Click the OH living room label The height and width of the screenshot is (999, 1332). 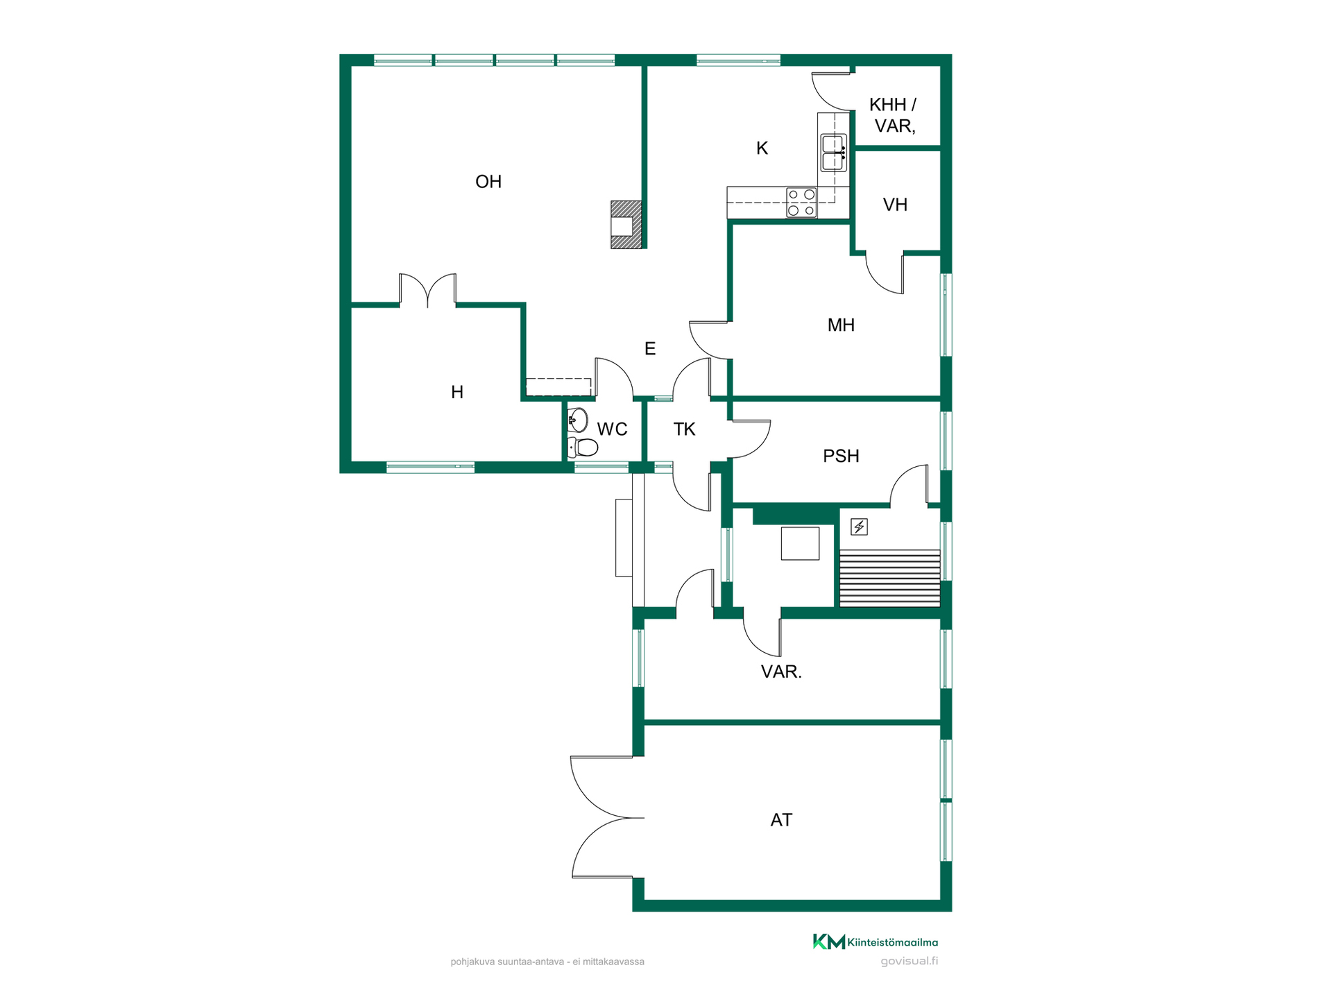pyautogui.click(x=488, y=182)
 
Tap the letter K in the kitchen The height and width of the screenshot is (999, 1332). pyautogui.click(x=762, y=148)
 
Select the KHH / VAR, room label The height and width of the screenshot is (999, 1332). pyautogui.click(x=894, y=115)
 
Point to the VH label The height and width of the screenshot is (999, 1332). pyautogui.click(x=895, y=205)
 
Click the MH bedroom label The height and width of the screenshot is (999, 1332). pyautogui.click(x=841, y=325)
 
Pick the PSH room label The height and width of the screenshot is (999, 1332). pyautogui.click(x=841, y=456)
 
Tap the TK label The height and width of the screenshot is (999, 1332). pyautogui.click(x=684, y=429)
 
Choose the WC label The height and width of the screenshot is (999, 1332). pyautogui.click(x=612, y=429)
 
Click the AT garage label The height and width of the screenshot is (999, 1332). pyautogui.click(x=781, y=820)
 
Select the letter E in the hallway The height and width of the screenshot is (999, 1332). pyautogui.click(x=650, y=348)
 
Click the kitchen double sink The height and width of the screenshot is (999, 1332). pyautogui.click(x=833, y=153)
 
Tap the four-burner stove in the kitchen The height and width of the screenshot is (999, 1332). pyautogui.click(x=801, y=203)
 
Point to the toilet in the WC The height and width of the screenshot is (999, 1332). pyautogui.click(x=582, y=447)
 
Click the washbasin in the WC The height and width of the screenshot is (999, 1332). pyautogui.click(x=577, y=420)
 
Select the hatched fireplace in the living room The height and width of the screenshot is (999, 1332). pyautogui.click(x=626, y=225)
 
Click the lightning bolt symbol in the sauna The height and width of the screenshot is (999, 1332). pyautogui.click(x=859, y=527)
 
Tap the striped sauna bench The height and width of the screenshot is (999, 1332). pyautogui.click(x=889, y=579)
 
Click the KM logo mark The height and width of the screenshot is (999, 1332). pyautogui.click(x=829, y=941)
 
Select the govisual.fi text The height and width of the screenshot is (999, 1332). pyautogui.click(x=909, y=962)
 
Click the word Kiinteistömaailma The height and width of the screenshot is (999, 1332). pyautogui.click(x=893, y=942)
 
